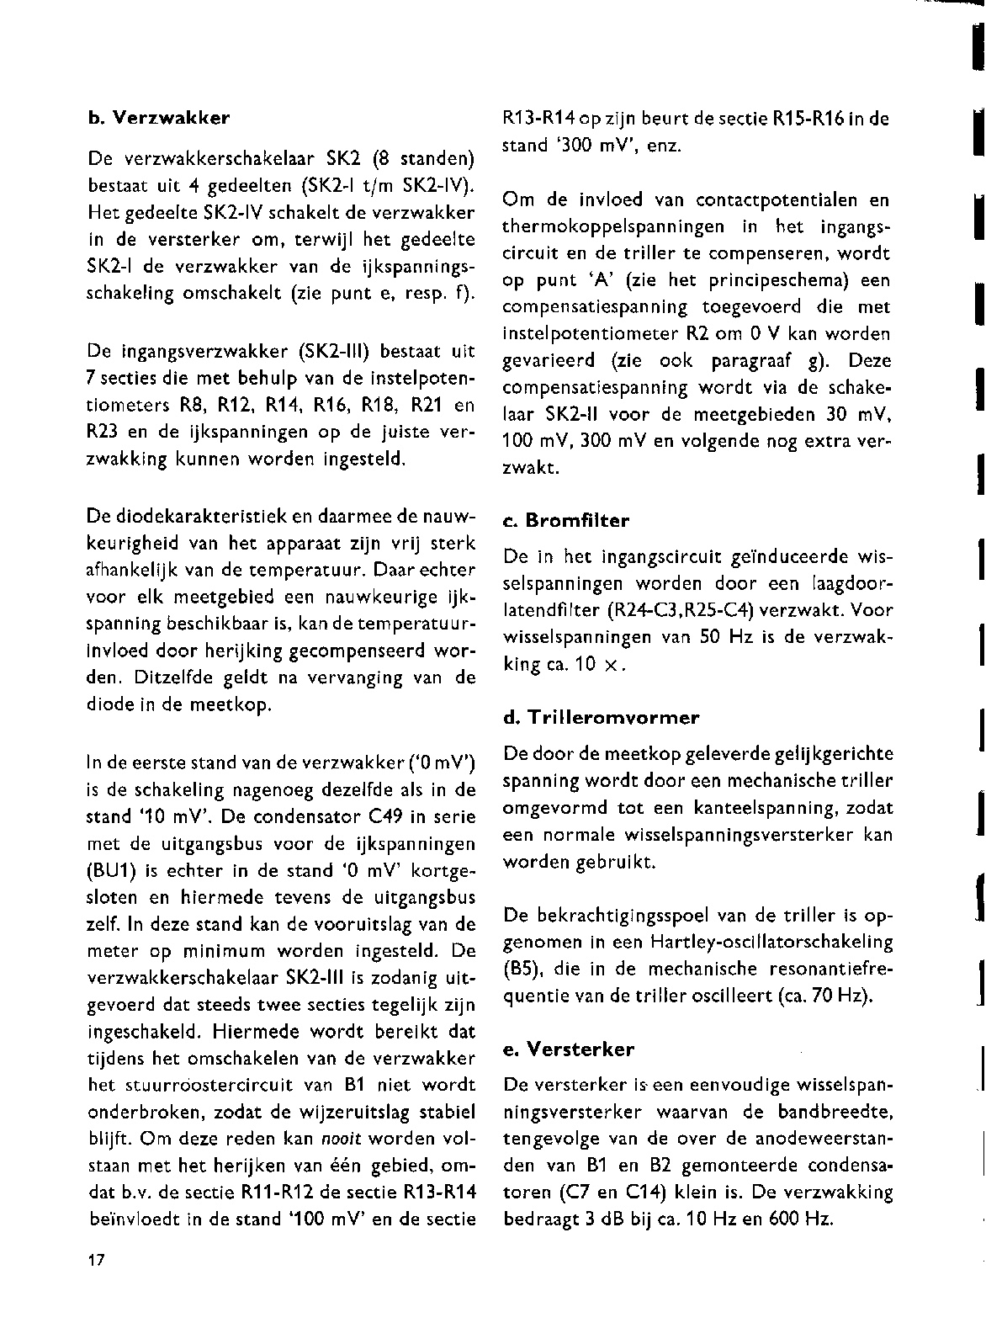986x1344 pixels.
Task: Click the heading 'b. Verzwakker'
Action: click(x=159, y=118)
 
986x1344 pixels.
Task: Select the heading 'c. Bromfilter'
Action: click(x=565, y=521)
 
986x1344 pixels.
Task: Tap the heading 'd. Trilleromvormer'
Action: click(x=601, y=718)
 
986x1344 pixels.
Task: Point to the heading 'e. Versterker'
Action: click(x=568, y=1049)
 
